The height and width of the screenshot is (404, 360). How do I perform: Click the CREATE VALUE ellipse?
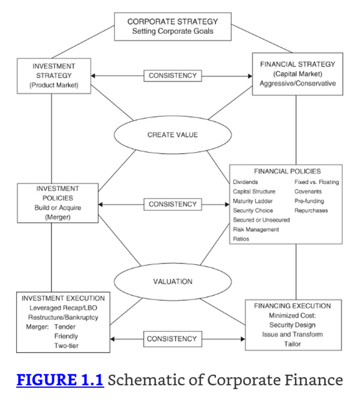coord(173,135)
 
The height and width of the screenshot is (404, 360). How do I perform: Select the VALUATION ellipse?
coord(173,281)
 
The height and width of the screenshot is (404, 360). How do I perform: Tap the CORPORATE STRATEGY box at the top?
coord(173,27)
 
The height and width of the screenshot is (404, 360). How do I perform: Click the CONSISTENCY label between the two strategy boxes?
coord(173,76)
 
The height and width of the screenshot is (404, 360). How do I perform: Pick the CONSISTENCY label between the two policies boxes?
coord(173,205)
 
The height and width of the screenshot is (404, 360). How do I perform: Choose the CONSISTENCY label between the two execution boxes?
coord(172,339)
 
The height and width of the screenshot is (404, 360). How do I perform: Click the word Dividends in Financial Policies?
coord(246,182)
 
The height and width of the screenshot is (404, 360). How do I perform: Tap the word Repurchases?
coord(311,211)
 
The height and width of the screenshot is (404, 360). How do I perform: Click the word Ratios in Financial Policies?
coord(241,239)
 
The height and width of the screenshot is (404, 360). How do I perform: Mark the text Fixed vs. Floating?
coord(317,182)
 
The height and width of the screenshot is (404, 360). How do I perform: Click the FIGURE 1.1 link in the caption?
coord(60,380)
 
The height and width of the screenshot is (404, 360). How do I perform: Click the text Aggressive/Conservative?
coord(298,84)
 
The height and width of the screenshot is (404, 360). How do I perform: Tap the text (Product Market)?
coord(54,85)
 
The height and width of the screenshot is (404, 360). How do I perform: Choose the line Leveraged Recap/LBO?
coord(63,308)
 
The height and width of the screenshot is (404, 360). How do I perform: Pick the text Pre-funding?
coord(309,201)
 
